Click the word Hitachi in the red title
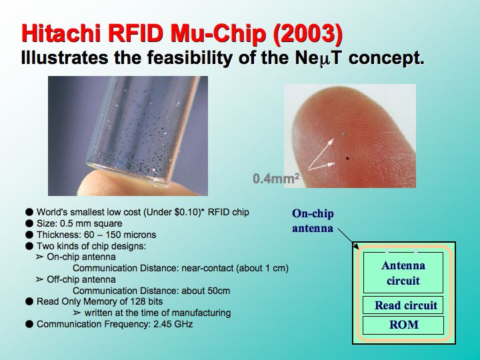pos(61,33)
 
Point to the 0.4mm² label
pos(276,178)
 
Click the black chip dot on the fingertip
pos(347,158)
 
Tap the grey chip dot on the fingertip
pos(343,133)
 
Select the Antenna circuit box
pos(403,273)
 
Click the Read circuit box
pos(403,305)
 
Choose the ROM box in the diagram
pos(403,325)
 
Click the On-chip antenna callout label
pos(313,221)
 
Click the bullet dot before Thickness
pos(29,235)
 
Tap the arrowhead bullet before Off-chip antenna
pos(39,279)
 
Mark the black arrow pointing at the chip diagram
pos(348,239)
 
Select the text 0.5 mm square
pos(79,223)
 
